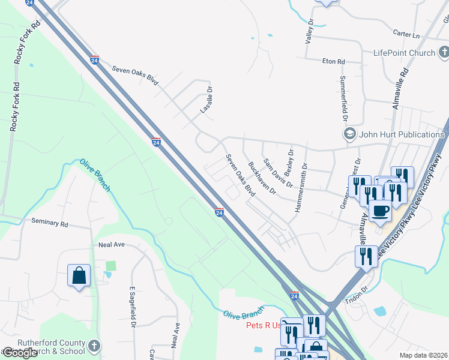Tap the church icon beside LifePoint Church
tap(444, 53)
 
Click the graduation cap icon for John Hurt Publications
tap(348, 133)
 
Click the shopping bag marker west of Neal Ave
tap(79, 276)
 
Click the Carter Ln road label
tap(406, 34)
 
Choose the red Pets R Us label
tap(263, 326)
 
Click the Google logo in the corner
tap(20, 353)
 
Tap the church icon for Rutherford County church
tap(93, 346)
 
